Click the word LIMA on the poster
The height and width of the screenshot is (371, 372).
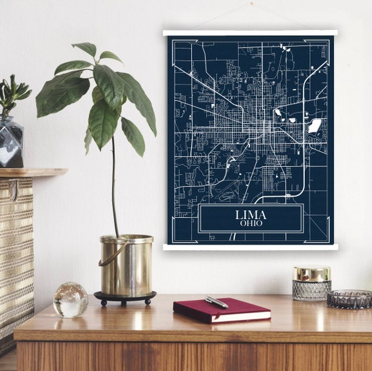[x=251, y=214]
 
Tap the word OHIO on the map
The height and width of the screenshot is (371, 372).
[x=251, y=224]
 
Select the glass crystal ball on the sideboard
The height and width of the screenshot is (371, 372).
[x=70, y=300]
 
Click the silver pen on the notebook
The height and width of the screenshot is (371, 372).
[x=216, y=303]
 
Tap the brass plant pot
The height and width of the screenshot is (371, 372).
[x=127, y=266]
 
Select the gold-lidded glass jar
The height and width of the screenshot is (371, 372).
[x=311, y=283]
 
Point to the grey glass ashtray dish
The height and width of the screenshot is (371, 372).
[x=349, y=299]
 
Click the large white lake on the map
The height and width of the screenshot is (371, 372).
[x=315, y=125]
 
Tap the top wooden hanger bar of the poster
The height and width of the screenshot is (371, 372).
[x=250, y=33]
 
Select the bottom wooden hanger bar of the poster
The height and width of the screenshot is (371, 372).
[x=250, y=246]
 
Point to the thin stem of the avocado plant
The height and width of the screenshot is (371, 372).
[x=114, y=189]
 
